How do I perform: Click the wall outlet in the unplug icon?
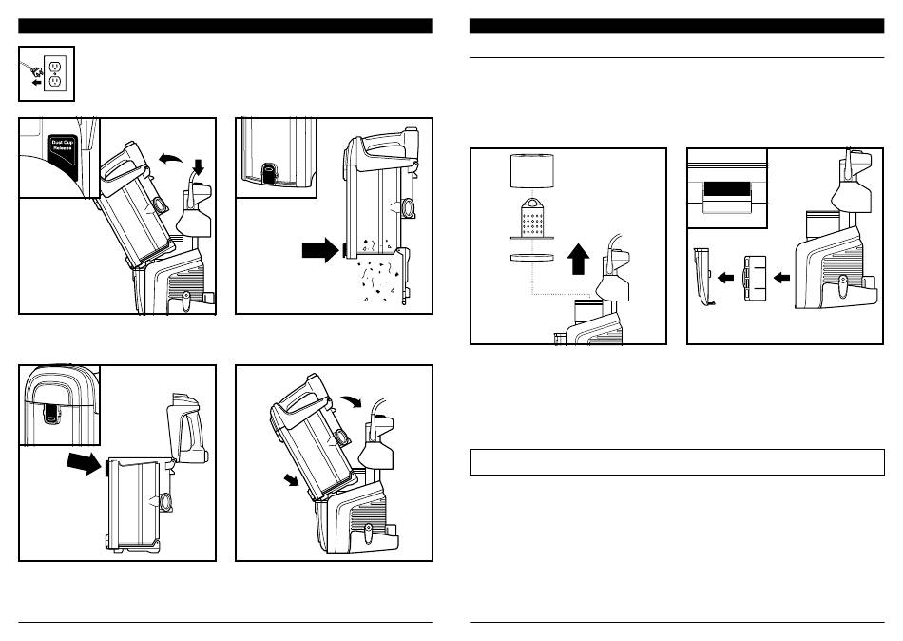pos(55,73)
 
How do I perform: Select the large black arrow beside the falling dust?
pos(319,251)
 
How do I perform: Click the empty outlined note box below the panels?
pos(677,462)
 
